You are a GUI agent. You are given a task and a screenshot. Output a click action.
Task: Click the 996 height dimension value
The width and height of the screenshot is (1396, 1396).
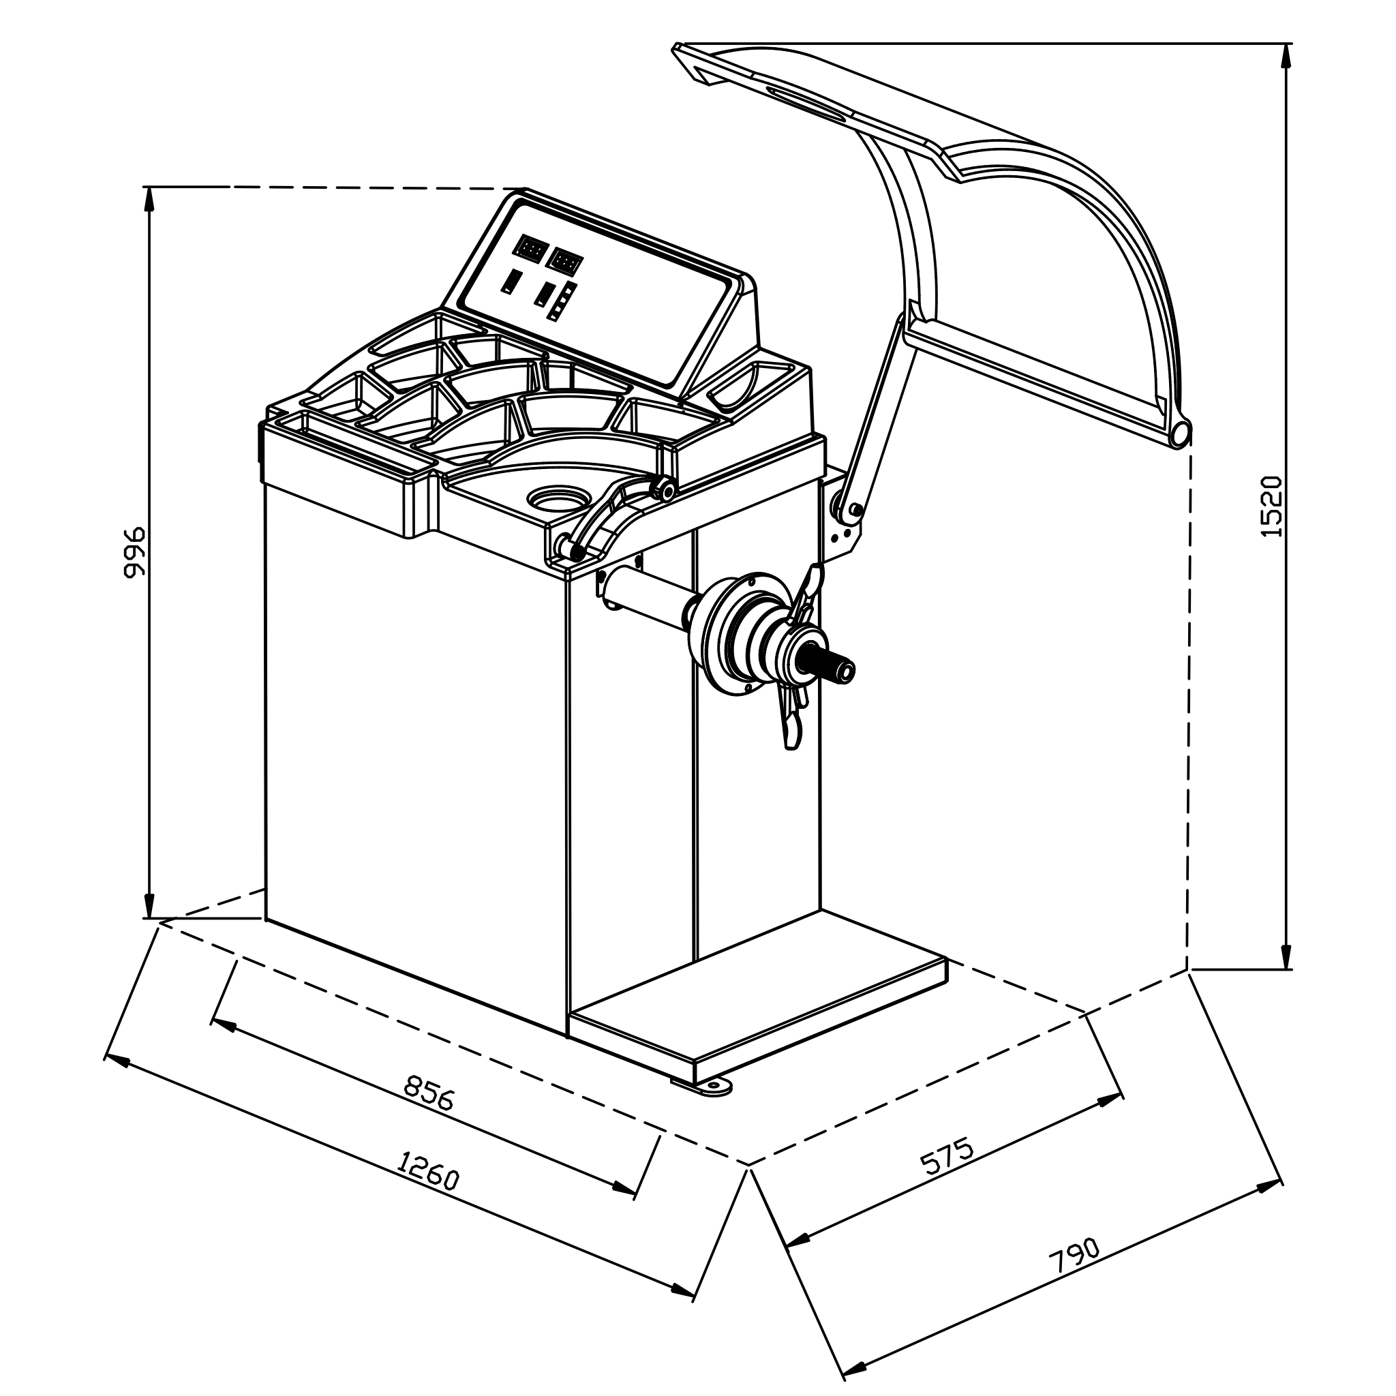pyautogui.click(x=135, y=552)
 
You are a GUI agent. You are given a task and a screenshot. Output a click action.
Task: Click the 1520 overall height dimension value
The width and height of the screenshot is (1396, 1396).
pyautogui.click(x=1271, y=506)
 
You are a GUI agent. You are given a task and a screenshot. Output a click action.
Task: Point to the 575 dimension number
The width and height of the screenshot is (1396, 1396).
pyautogui.click(x=947, y=1156)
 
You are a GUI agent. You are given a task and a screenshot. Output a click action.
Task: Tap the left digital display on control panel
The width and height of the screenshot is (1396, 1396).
pyautogui.click(x=530, y=249)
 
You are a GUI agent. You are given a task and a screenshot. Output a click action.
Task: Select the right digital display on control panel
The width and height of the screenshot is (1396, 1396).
pyautogui.click(x=566, y=261)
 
